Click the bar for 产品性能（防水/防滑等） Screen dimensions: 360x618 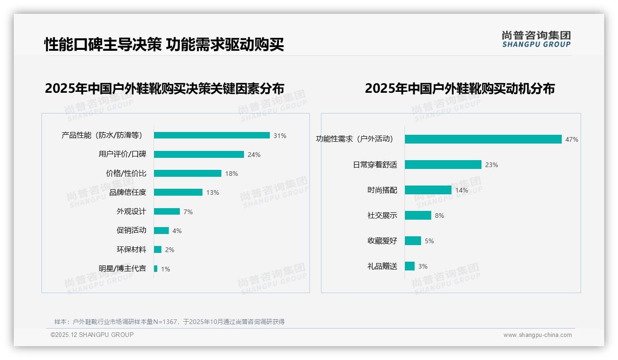coord(212,135)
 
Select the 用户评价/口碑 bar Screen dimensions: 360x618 coord(199,155)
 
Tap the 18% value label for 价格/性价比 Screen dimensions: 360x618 coord(232,174)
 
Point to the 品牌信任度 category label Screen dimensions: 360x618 coord(128,192)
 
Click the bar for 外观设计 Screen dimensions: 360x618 coord(167,211)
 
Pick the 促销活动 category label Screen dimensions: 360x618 coord(131,230)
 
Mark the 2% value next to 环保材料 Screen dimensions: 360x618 coord(170,250)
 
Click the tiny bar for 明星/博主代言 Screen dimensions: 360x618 coord(156,269)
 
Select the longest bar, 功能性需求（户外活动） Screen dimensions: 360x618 coord(483,139)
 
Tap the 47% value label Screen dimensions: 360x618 coord(572,139)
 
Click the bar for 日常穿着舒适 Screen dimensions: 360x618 coord(443,165)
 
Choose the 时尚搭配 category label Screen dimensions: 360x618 coord(382,190)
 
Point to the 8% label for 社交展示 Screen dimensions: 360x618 coord(440,216)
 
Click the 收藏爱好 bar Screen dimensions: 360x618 coord(413,241)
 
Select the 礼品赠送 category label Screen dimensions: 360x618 coord(382,266)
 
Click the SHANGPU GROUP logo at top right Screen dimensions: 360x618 coord(536,39)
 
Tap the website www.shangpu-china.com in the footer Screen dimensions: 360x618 coord(538,335)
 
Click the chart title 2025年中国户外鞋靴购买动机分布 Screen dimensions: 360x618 coord(460,89)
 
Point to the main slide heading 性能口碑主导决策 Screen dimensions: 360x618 coord(102,45)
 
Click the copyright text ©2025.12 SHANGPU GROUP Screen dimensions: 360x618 coord(92,335)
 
